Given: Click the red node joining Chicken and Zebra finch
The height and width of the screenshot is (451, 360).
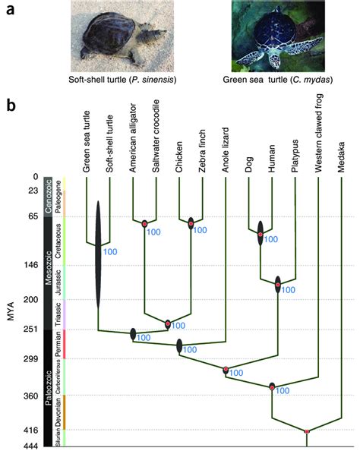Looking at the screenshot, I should [191, 223].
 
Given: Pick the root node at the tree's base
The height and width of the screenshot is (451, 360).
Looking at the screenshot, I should [307, 431].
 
